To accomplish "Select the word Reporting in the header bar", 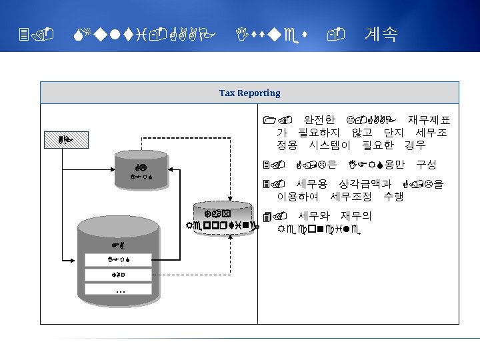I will coord(259,93).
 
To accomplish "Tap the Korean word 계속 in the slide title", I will coord(381,34).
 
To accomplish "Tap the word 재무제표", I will coord(429,121).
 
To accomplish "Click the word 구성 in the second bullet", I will coord(427,164).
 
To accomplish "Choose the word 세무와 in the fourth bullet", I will coord(315,216).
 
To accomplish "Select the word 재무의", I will coord(356,216).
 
